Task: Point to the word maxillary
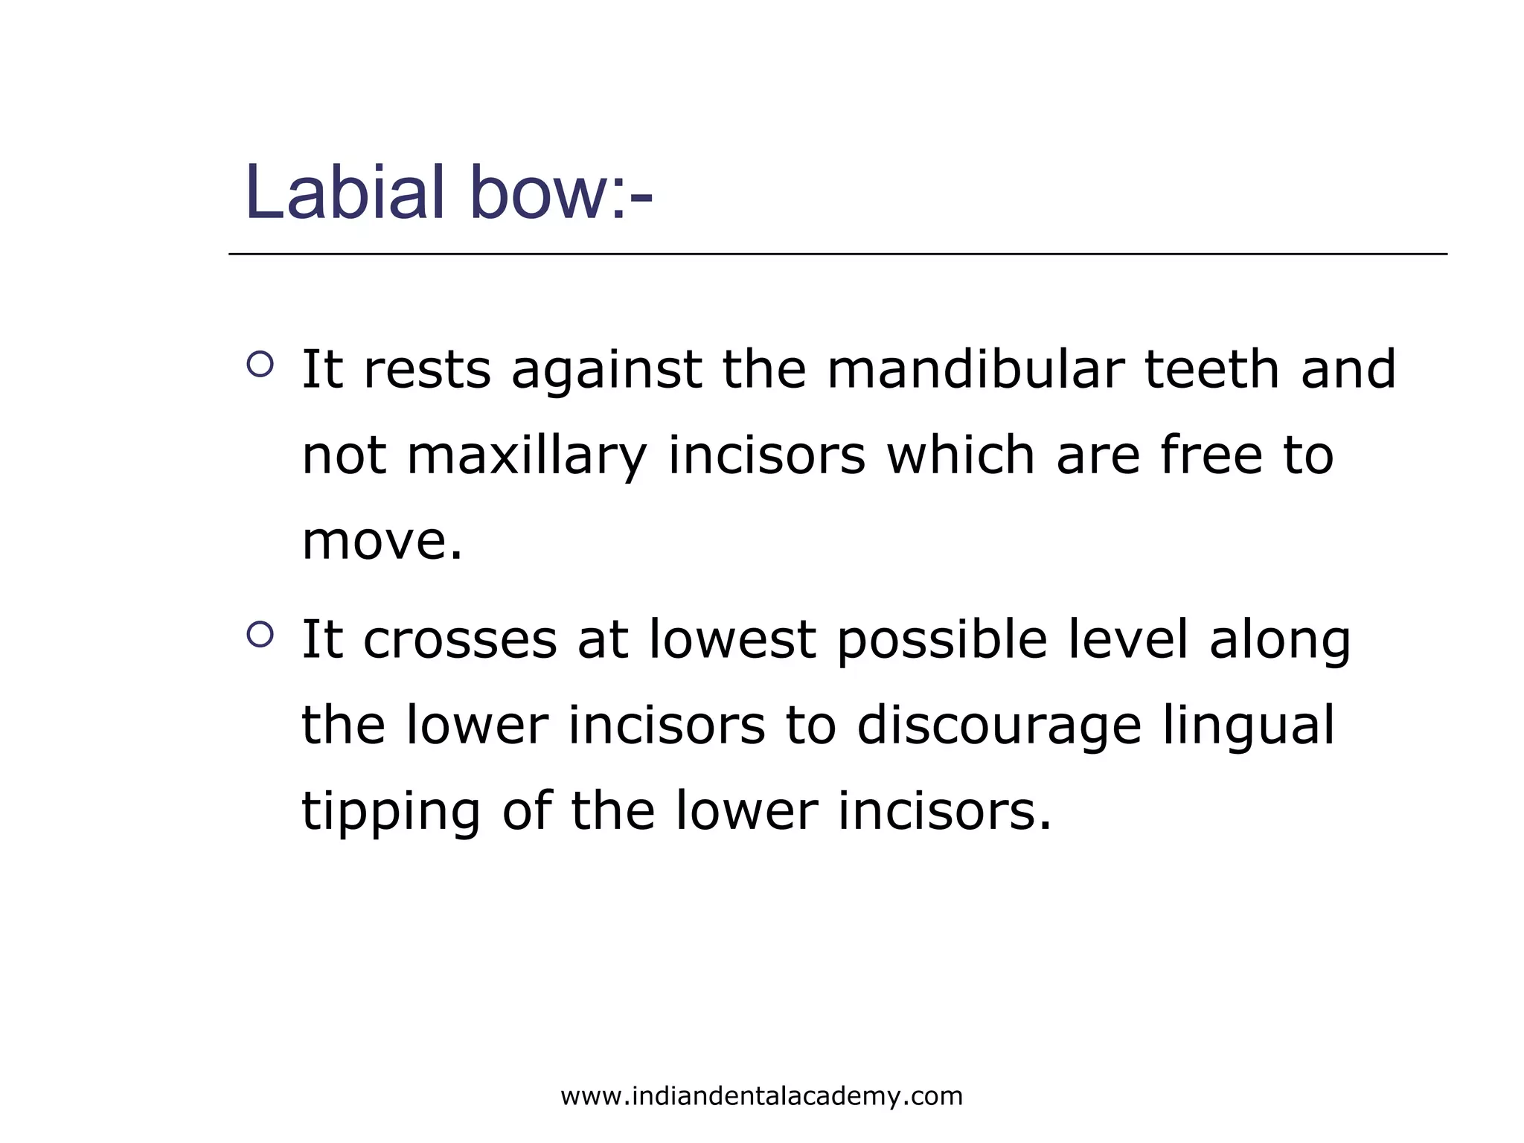(527, 455)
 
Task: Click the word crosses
(459, 640)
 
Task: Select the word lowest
(731, 640)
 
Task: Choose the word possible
(942, 641)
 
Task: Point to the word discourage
(999, 727)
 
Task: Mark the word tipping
(391, 813)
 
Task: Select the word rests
(426, 370)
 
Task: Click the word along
(1279, 641)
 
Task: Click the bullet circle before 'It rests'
(260, 364)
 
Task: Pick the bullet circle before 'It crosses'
(260, 634)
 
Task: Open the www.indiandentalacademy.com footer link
(761, 1096)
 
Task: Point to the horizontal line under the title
(837, 254)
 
